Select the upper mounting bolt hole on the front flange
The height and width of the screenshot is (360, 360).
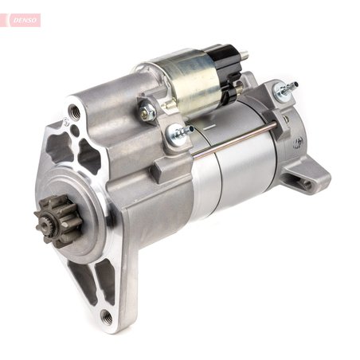(x=74, y=112)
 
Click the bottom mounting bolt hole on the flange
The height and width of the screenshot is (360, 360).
(x=106, y=316)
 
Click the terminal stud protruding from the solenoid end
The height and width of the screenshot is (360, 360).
(x=242, y=57)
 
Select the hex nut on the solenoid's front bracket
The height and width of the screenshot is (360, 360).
(x=147, y=113)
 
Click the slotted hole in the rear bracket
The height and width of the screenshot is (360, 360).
(x=306, y=182)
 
